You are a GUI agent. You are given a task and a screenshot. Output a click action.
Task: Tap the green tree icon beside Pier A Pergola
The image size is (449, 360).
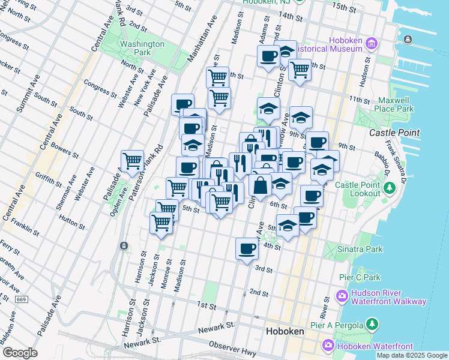pos(372,325)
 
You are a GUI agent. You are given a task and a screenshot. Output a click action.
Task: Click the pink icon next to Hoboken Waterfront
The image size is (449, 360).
pos(328,346)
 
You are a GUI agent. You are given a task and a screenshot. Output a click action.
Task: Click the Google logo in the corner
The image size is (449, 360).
pos(20,353)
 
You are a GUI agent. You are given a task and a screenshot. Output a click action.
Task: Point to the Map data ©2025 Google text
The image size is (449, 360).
pos(412,355)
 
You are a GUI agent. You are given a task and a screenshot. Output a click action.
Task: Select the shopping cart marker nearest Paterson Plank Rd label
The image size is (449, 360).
pos(132,161)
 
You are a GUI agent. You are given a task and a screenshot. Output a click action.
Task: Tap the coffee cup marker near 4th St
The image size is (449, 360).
pos(246,248)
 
